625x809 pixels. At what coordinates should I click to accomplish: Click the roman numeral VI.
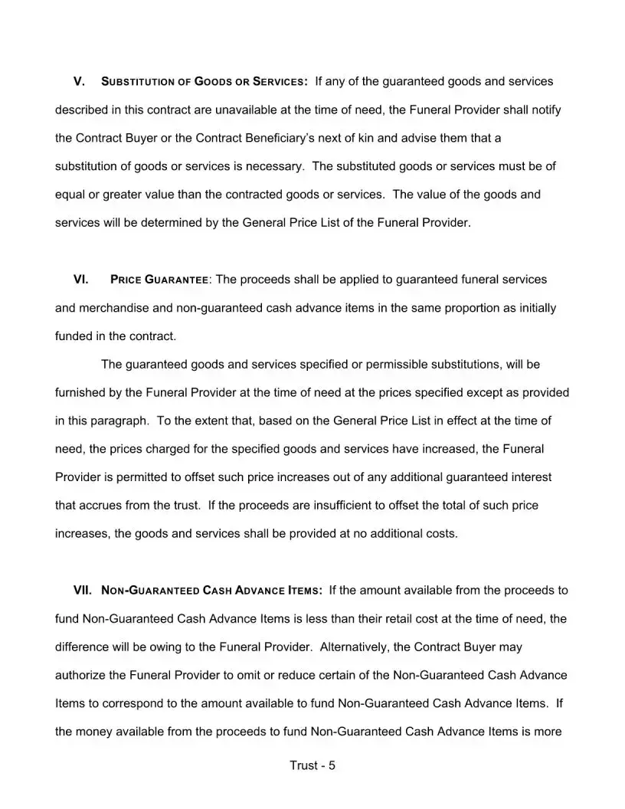point(80,280)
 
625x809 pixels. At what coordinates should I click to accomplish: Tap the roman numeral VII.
point(83,591)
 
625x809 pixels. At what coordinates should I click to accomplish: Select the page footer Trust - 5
point(312,765)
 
